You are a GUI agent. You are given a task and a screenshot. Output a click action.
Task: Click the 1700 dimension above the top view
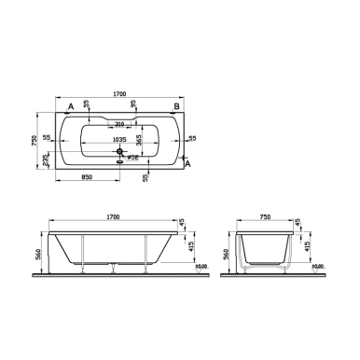[118, 93]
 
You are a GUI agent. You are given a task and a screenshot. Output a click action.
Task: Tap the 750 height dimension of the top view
[35, 139]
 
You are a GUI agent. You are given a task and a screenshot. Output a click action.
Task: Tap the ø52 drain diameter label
[134, 157]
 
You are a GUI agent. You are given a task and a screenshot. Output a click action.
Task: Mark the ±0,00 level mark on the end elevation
[318, 267]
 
